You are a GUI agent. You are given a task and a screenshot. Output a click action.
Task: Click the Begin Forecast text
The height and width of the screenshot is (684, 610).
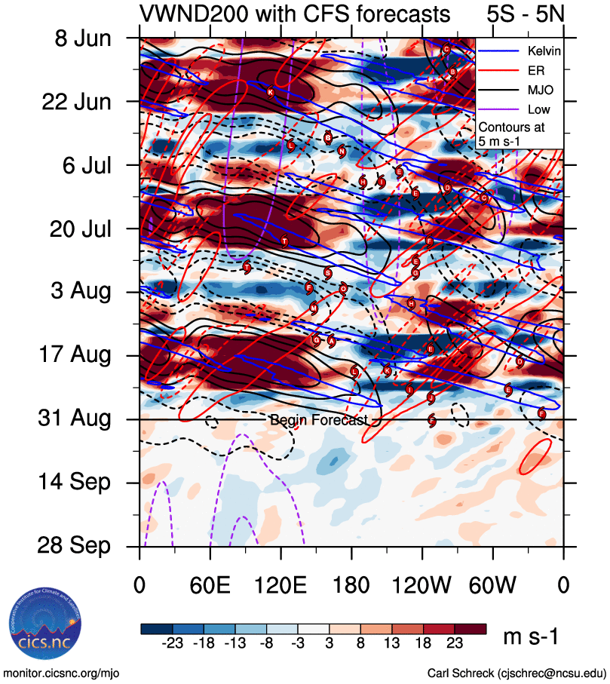(x=318, y=420)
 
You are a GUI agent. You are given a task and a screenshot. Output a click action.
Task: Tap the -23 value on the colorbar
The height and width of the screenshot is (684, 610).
(x=175, y=642)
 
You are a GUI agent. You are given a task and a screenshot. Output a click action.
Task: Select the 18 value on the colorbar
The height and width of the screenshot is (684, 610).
(x=435, y=642)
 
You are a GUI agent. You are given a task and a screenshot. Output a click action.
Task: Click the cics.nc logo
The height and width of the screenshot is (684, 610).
(x=43, y=624)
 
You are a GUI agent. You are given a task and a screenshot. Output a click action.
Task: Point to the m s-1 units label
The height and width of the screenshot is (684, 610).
(x=531, y=637)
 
